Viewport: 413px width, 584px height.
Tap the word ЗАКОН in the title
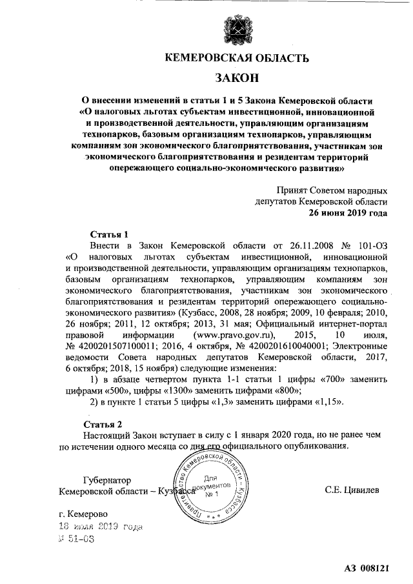coord(236,78)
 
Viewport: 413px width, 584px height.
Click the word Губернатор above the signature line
coord(107,481)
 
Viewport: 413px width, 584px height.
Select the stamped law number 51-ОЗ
coord(77,539)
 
